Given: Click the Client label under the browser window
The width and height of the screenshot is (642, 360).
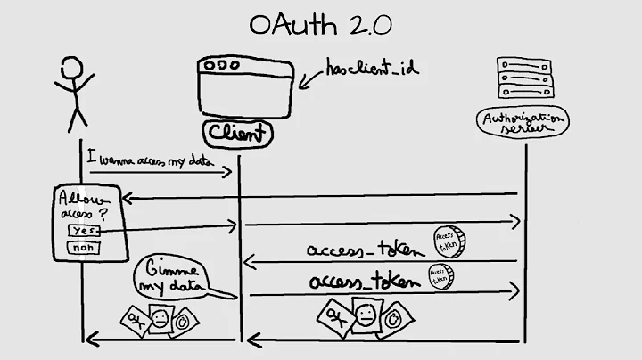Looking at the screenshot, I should [237, 135].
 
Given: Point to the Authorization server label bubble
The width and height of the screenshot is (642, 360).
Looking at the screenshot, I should [523, 124].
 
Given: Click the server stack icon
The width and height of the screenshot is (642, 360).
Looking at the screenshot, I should [524, 79].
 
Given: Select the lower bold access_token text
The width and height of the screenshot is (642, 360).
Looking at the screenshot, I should [364, 282].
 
